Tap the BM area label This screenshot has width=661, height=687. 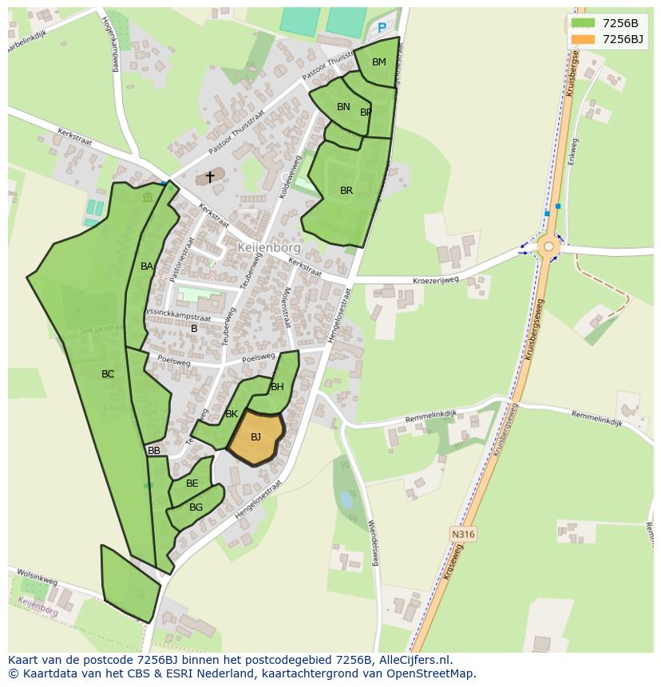click(378, 62)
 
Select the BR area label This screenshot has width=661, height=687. click(346, 191)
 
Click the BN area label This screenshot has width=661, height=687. click(343, 107)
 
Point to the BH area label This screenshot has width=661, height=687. click(277, 387)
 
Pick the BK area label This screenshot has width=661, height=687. click(232, 414)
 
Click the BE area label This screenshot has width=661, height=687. click(192, 484)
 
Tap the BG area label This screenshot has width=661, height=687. click(196, 507)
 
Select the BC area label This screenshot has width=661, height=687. click(108, 374)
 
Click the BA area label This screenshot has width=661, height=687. click(146, 267)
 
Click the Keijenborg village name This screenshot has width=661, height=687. click(268, 247)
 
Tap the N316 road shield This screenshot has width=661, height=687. click(462, 534)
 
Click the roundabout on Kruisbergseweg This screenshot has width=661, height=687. click(548, 246)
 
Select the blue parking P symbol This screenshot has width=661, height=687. click(382, 29)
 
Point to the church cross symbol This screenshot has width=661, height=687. click(210, 176)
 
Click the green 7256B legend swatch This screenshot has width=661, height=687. click(583, 23)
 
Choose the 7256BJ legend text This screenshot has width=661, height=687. click(623, 39)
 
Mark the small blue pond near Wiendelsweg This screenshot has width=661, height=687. click(346, 500)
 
